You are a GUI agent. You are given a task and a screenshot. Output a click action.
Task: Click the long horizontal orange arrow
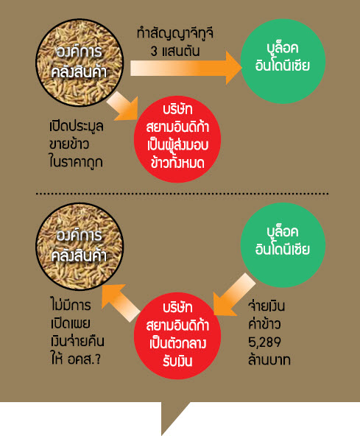(186, 68)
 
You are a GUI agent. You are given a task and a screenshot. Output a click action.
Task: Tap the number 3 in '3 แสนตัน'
(155, 52)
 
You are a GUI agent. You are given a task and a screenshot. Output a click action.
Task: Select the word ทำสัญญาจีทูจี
(175, 34)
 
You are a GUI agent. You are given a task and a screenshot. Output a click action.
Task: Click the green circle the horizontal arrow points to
(283, 61)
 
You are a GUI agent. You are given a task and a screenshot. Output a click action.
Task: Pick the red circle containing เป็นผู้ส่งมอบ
(177, 139)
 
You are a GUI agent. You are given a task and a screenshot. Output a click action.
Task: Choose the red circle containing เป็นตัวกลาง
(177, 336)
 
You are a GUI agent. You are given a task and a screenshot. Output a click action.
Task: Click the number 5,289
(264, 342)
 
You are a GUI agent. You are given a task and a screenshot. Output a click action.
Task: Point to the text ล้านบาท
(269, 360)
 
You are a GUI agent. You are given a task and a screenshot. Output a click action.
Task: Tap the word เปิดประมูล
(76, 127)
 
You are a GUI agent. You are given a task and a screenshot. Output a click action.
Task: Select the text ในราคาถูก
(76, 162)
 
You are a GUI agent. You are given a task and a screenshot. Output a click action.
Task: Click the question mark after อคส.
(98, 359)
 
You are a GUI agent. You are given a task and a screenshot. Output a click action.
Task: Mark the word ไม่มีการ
(71, 304)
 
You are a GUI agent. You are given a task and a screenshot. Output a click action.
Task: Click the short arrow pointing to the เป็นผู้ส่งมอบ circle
(123, 107)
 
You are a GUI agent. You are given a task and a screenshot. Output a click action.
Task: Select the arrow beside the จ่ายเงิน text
(234, 295)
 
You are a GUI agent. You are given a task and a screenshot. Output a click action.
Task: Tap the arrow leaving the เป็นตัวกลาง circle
(120, 303)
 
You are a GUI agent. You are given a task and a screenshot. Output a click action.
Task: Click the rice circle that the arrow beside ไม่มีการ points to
(80, 247)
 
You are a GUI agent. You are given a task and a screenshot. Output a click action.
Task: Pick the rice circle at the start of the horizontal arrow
(80, 63)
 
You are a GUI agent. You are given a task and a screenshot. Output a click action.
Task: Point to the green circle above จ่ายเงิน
(283, 245)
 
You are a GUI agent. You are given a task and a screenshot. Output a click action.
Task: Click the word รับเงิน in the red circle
(177, 362)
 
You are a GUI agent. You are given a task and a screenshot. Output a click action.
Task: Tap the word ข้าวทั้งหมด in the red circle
(177, 163)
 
